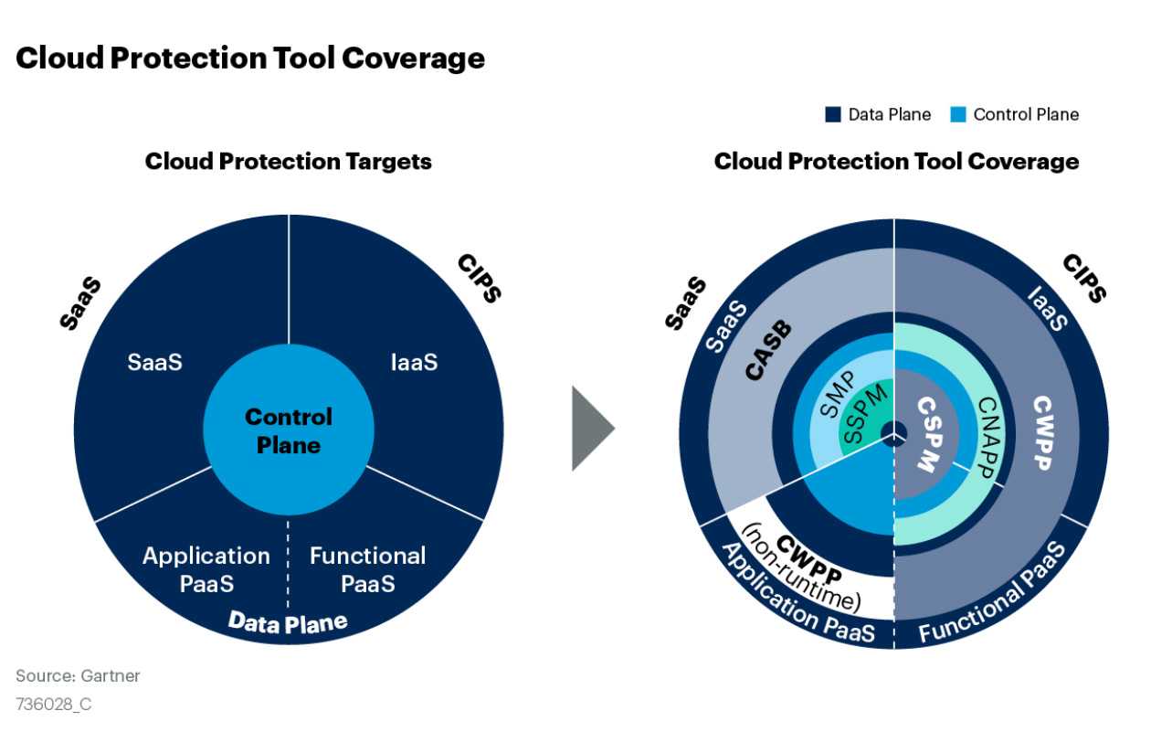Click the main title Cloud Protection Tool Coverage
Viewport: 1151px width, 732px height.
tap(250, 58)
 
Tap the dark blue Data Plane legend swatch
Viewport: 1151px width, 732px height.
tap(833, 114)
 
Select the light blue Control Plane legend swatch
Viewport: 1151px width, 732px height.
tap(957, 114)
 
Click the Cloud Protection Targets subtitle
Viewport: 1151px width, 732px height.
tap(289, 162)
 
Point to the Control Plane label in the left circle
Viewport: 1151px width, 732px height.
tap(289, 430)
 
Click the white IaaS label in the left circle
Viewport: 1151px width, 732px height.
tap(414, 363)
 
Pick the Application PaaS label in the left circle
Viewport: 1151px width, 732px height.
tap(206, 569)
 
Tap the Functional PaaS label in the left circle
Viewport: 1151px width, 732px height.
tap(367, 569)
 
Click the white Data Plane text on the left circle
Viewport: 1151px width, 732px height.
tap(288, 623)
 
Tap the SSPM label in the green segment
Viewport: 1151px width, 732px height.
tap(866, 414)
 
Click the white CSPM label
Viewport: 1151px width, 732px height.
tap(930, 434)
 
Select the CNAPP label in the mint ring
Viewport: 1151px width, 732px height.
tap(988, 438)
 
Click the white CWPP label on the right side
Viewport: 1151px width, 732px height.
tap(1043, 432)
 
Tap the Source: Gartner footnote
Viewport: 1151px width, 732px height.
tap(78, 675)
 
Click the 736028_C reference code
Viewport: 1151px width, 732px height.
tap(53, 704)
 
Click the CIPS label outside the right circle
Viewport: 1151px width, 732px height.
tap(1084, 278)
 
